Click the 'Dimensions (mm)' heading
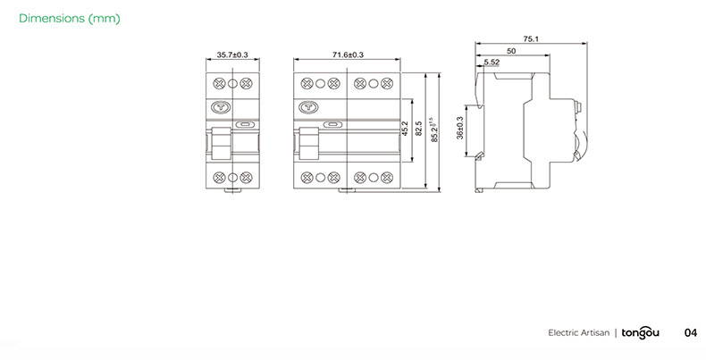(69, 19)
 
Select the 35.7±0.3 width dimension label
(232, 55)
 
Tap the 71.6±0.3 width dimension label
(348, 55)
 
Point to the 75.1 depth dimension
(531, 39)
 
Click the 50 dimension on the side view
(510, 52)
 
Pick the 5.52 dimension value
(492, 63)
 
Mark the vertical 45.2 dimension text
(405, 129)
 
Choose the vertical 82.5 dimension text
(419, 129)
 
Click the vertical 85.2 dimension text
(434, 129)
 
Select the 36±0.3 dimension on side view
(460, 128)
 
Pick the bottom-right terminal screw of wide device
(386, 177)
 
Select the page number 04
(690, 333)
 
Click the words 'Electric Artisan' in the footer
(578, 333)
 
